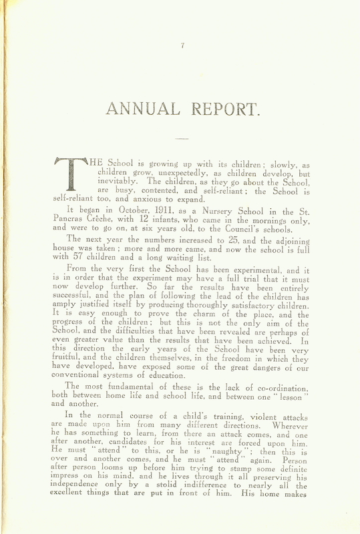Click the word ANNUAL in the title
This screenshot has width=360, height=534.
[138, 108]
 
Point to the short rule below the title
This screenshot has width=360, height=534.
[181, 138]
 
